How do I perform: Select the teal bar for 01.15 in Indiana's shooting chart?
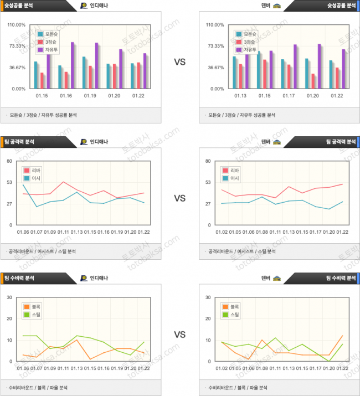coord(36,75)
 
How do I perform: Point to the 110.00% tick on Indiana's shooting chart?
coord(17,25)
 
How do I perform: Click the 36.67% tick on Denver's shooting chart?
coord(215,68)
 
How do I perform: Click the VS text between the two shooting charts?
coord(179,62)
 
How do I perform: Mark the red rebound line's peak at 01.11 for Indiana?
coord(63,182)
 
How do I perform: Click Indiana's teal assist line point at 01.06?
coord(23,185)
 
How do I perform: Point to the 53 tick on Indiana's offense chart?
coord(10,182)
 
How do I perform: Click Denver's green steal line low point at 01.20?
coord(329,361)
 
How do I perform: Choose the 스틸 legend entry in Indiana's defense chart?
coord(33,315)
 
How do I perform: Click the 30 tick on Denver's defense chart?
coord(208,297)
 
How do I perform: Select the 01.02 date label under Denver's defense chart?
coord(222,368)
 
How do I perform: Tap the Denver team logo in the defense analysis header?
coord(277,278)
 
